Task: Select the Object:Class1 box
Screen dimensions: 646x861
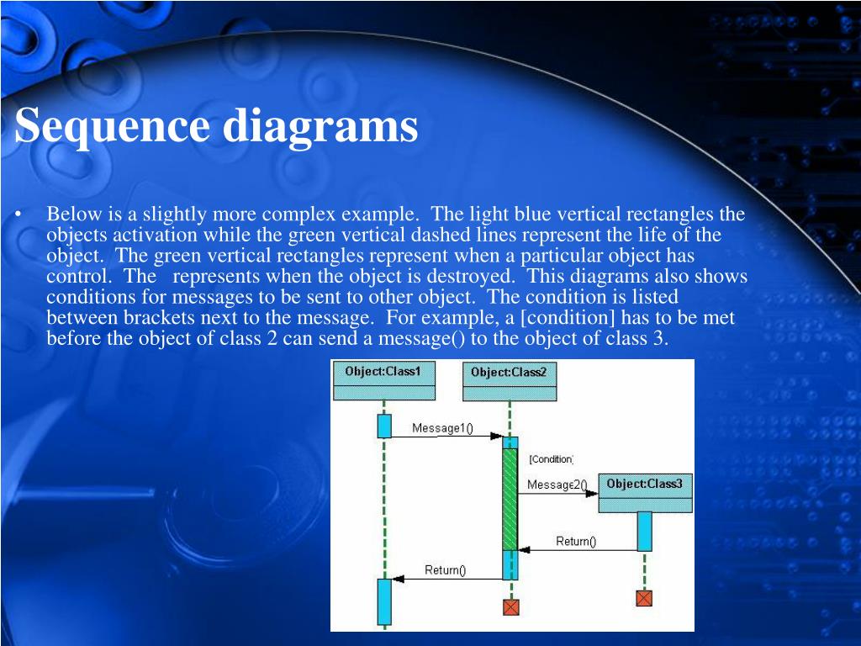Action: tap(384, 380)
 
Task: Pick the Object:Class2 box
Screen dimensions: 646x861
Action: tap(509, 381)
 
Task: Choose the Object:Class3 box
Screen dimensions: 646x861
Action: tap(645, 493)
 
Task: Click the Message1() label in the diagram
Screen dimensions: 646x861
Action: tap(442, 428)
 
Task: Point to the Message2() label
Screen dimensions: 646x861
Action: tap(557, 484)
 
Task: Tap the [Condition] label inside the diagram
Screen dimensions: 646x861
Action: tap(552, 459)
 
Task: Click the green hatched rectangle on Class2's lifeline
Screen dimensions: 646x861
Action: tap(510, 499)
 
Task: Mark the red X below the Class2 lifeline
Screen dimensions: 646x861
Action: tap(510, 606)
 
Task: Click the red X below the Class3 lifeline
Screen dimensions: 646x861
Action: tap(644, 598)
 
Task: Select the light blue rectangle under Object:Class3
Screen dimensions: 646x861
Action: tap(644, 531)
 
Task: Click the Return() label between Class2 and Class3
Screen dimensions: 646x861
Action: tap(576, 542)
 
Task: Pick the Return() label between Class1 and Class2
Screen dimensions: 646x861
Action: tap(445, 570)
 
